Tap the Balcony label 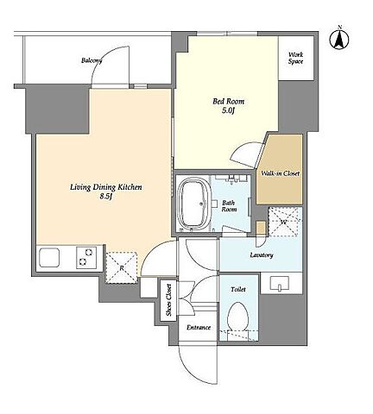tap(92, 60)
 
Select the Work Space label tap(296, 58)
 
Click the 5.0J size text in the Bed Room tap(229, 110)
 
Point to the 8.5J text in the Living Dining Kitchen tap(106, 197)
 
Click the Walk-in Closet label tap(281, 173)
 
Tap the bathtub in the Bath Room tap(194, 204)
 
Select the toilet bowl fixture tap(237, 317)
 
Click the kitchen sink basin tap(49, 257)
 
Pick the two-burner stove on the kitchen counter tap(86, 258)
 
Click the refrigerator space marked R tap(122, 268)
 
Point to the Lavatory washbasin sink tap(280, 283)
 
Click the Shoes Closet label tap(168, 300)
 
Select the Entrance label tap(199, 328)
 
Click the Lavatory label tap(262, 254)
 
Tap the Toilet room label tap(238, 289)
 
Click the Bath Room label tap(229, 206)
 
